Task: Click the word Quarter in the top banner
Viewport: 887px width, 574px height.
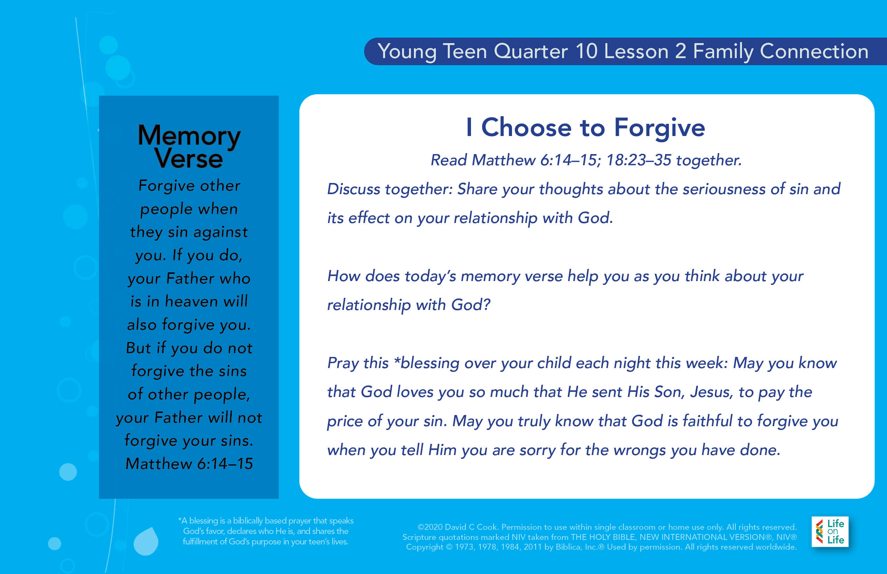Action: click(x=531, y=51)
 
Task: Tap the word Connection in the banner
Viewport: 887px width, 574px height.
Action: click(x=814, y=51)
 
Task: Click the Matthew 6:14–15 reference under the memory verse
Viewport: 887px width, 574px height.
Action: click(x=189, y=464)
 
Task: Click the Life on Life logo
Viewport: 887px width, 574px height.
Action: click(x=830, y=532)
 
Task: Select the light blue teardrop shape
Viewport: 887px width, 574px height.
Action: click(x=146, y=541)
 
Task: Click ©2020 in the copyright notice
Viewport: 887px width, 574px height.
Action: click(x=430, y=527)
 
